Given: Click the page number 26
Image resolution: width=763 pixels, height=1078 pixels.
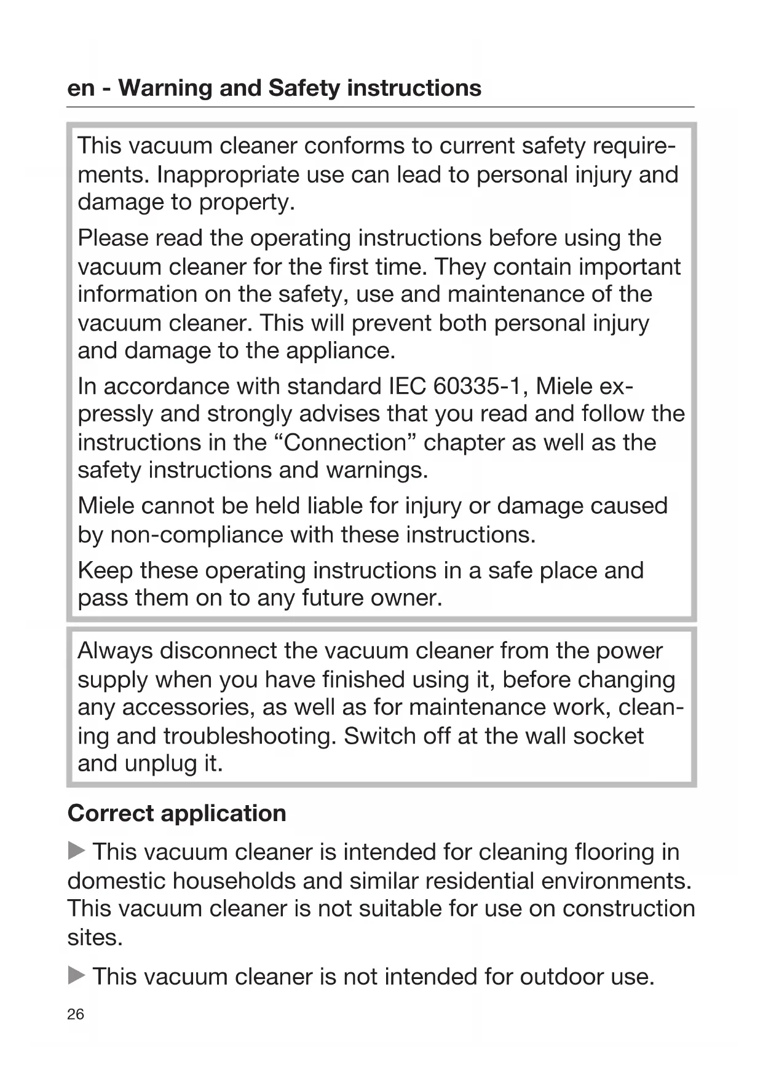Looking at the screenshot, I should pos(76,1014).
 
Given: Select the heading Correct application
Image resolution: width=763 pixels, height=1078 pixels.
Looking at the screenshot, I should pos(176,813).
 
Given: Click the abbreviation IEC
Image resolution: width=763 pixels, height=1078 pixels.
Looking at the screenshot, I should pos(407,386).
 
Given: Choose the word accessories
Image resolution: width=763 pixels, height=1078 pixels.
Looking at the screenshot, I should pos(188,707).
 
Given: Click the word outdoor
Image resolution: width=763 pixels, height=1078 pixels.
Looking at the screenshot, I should pos(561,977).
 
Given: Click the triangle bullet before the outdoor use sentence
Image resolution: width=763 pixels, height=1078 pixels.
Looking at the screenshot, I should pos(76,975).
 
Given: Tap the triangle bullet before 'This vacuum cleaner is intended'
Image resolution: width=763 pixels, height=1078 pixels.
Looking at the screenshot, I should pos(76,851).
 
